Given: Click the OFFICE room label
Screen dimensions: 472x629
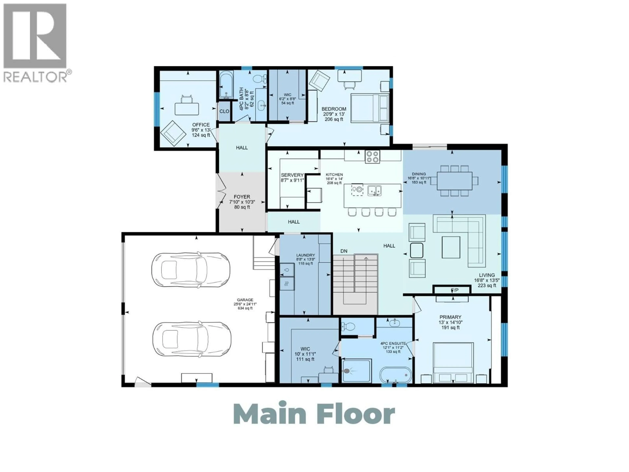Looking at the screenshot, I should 201,125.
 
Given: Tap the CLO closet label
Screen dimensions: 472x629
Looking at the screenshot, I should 224,111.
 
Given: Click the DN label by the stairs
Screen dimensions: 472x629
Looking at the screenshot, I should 344,251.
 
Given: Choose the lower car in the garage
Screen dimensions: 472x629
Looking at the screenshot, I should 191,339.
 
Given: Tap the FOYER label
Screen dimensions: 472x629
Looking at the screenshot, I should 242,197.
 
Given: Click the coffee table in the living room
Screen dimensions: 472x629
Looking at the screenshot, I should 451,247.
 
